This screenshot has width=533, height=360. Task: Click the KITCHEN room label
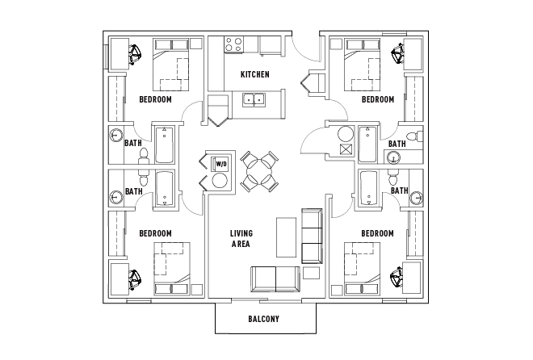(254, 75)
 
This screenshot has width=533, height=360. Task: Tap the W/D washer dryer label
(220, 165)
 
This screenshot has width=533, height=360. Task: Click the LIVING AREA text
(241, 239)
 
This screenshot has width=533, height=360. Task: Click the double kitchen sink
(256, 101)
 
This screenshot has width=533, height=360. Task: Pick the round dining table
(259, 170)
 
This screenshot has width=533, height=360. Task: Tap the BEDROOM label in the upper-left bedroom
(155, 100)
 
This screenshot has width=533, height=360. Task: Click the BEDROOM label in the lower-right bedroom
(377, 233)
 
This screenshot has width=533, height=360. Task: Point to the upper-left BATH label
(133, 144)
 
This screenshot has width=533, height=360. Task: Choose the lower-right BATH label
(399, 191)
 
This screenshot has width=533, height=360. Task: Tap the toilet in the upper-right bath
(412, 136)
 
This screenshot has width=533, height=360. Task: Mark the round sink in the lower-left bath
(115, 194)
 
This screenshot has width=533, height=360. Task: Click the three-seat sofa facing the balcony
(275, 278)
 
